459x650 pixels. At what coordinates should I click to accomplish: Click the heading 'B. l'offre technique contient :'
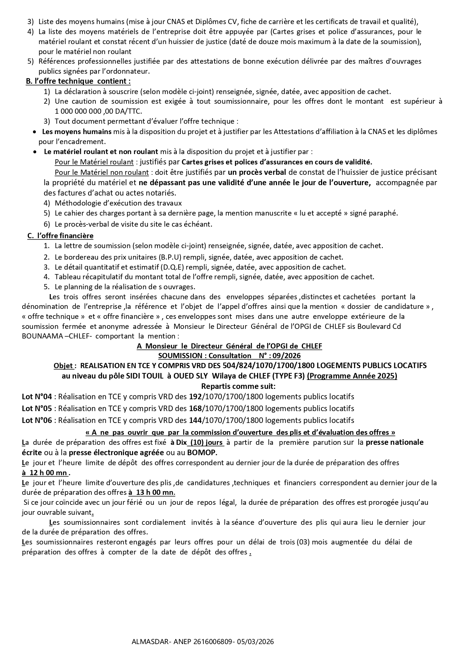78,81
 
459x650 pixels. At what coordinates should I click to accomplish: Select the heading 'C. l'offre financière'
60,236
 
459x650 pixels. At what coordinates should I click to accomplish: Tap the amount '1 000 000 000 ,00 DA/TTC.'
98,111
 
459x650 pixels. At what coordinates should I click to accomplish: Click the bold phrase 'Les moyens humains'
77,131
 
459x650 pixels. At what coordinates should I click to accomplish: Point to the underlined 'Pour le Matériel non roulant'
102,172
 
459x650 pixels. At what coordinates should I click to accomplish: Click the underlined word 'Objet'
63,366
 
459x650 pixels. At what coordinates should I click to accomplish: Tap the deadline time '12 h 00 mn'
46,473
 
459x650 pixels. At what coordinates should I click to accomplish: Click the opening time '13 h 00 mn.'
152,493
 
